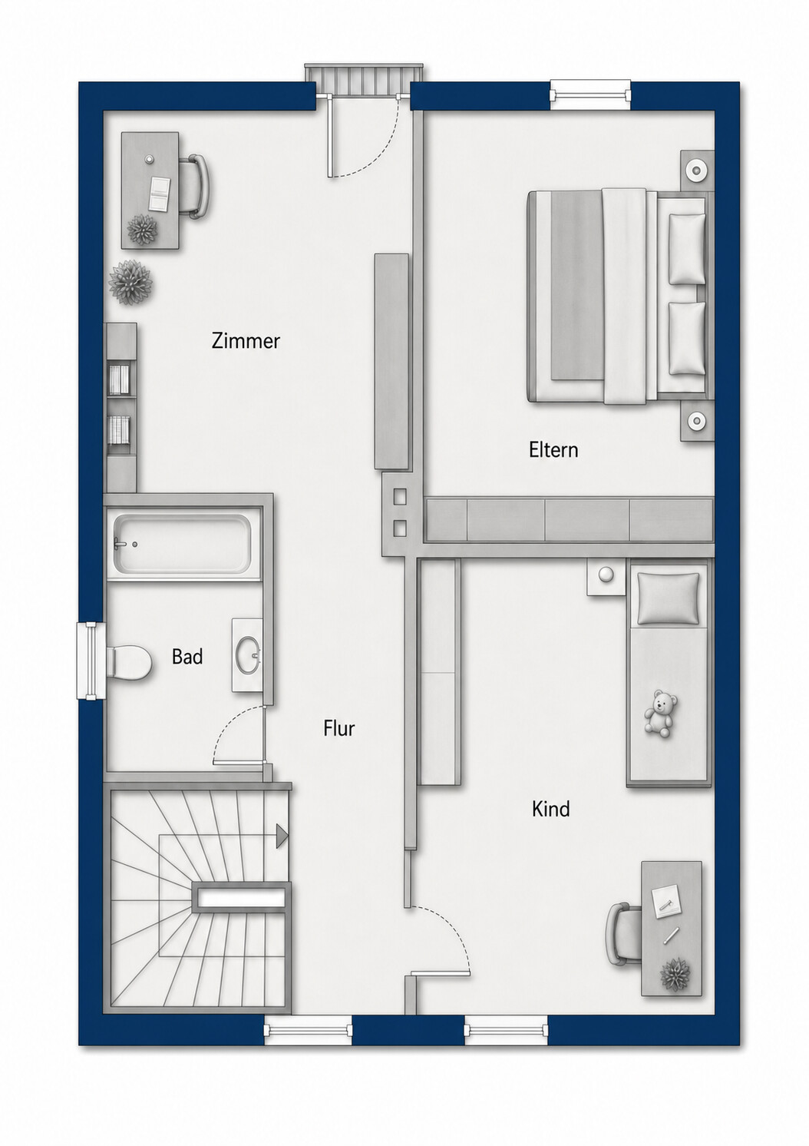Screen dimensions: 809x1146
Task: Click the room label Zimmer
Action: click(x=246, y=341)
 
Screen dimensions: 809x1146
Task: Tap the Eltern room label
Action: click(x=553, y=450)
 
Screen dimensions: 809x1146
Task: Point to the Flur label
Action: click(x=338, y=728)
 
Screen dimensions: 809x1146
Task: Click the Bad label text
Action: click(x=187, y=657)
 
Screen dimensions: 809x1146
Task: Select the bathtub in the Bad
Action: click(x=183, y=543)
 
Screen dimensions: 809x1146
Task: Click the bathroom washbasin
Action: click(x=248, y=655)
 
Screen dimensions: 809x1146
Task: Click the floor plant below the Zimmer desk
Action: click(x=131, y=283)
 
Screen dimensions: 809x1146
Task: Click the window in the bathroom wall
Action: click(x=90, y=660)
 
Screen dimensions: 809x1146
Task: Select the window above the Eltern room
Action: click(x=590, y=94)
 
